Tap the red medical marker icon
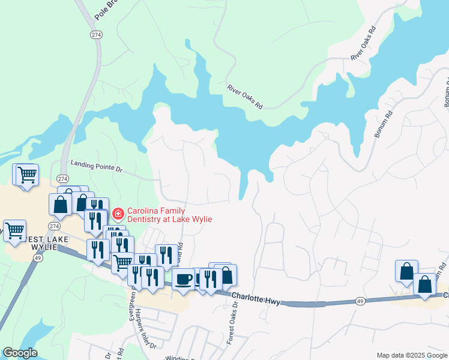(x=118, y=213)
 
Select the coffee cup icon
(x=182, y=278)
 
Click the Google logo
(x=19, y=353)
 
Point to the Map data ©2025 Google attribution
(x=412, y=355)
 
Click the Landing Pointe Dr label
(x=96, y=166)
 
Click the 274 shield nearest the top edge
(x=96, y=35)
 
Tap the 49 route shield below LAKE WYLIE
(x=37, y=258)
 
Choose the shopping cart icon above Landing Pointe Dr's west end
(x=27, y=175)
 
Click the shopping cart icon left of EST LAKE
(x=14, y=230)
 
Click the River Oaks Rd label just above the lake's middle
(x=245, y=97)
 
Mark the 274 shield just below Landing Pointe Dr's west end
(x=62, y=179)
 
